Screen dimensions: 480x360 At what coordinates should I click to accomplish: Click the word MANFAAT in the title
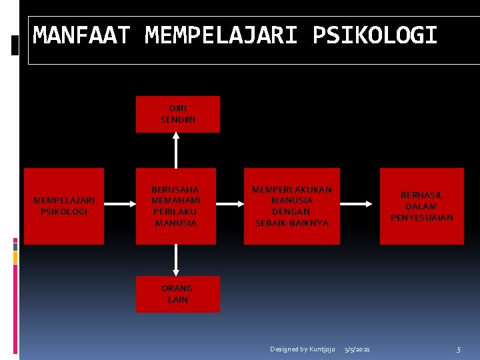pyautogui.click(x=81, y=35)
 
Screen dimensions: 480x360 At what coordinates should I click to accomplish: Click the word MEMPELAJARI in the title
pyautogui.click(x=221, y=35)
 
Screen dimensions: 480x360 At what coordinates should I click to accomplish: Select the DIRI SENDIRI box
pyautogui.click(x=177, y=114)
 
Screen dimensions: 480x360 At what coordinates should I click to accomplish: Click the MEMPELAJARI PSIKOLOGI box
pyautogui.click(x=64, y=206)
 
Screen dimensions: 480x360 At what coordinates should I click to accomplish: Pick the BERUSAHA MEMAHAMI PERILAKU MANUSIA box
pyautogui.click(x=176, y=206)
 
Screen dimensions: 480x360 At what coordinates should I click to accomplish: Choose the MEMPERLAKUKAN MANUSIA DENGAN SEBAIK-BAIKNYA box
pyautogui.click(x=292, y=206)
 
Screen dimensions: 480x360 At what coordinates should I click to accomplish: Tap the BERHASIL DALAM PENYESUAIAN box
pyautogui.click(x=421, y=206)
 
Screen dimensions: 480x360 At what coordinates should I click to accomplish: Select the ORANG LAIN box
pyautogui.click(x=177, y=294)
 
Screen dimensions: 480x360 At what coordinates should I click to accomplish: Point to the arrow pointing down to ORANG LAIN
pyautogui.click(x=176, y=260)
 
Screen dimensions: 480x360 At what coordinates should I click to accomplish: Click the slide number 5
pyautogui.click(x=459, y=349)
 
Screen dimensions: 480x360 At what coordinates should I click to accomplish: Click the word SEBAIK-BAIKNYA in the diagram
pyautogui.click(x=292, y=223)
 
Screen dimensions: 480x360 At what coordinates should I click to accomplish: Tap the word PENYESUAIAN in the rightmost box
pyautogui.click(x=421, y=218)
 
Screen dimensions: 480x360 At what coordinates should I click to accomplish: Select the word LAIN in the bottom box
pyautogui.click(x=177, y=300)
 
